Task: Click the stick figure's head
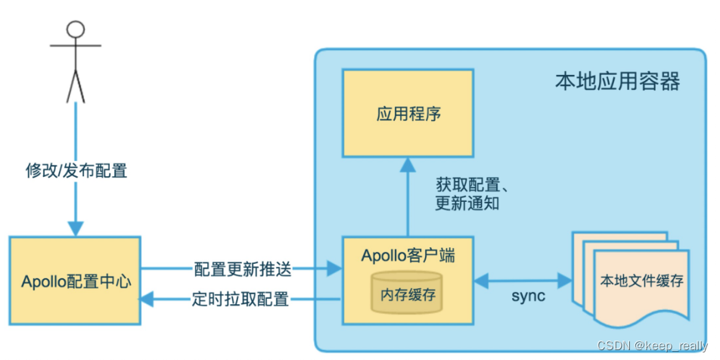click(75, 29)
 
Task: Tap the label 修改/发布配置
click(76, 171)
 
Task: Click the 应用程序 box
click(408, 114)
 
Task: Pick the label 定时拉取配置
click(241, 299)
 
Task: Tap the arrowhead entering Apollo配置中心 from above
click(75, 228)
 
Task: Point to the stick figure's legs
click(75, 85)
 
